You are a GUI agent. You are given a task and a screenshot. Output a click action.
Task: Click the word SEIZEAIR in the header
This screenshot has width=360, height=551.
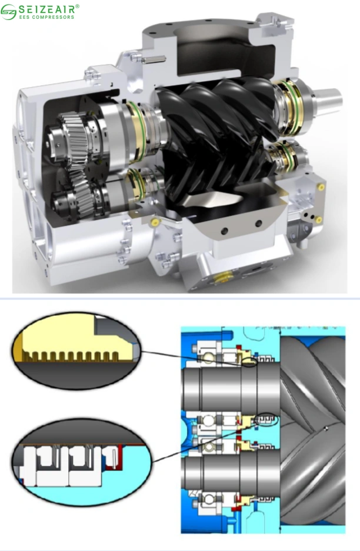click(48, 9)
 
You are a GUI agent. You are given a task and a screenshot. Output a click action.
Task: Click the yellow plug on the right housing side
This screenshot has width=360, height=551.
click(321, 186)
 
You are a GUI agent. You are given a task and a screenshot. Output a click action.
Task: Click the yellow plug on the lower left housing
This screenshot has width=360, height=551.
click(155, 223)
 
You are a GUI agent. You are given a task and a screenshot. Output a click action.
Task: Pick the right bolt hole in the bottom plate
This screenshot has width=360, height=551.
click(257, 223)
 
